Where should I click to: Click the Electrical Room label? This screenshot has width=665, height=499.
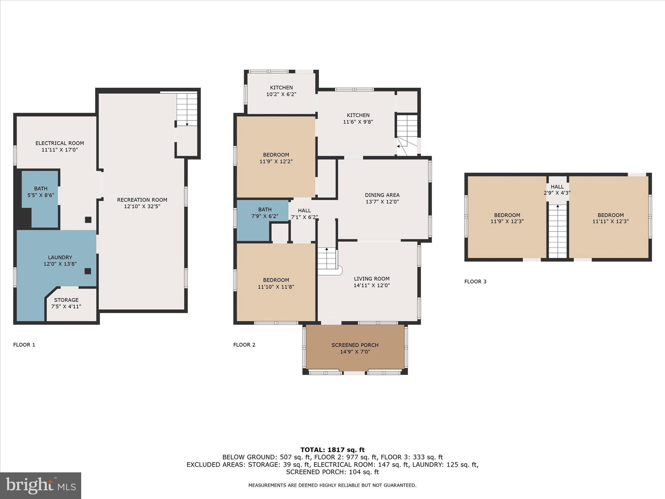tap(60, 143)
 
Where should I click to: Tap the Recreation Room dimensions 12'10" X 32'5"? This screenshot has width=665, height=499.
tap(142, 206)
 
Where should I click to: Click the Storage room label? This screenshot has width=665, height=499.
tap(66, 300)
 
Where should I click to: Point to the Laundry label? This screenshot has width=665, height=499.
tap(60, 258)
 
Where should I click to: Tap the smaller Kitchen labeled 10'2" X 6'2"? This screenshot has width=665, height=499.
tap(281, 91)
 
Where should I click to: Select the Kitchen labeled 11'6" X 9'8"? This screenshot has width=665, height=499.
tap(358, 119)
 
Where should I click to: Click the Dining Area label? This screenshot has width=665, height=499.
tap(382, 195)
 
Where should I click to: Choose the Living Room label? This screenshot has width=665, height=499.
tap(371, 279)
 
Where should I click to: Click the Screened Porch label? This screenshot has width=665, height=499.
tap(355, 345)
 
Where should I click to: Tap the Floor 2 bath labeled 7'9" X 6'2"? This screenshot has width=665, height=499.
tap(265, 213)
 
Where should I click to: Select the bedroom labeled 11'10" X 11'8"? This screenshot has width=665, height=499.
tap(276, 283)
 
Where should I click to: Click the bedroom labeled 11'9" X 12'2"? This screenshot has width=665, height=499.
tap(276, 158)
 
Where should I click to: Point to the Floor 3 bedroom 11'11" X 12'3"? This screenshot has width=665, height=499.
tap(610, 218)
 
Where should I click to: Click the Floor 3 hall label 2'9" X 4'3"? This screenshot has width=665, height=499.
tap(557, 190)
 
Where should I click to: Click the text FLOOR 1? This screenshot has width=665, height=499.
tap(24, 345)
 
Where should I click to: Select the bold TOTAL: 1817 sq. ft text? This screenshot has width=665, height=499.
tap(332, 450)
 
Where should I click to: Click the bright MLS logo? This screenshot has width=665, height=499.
tap(41, 486)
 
